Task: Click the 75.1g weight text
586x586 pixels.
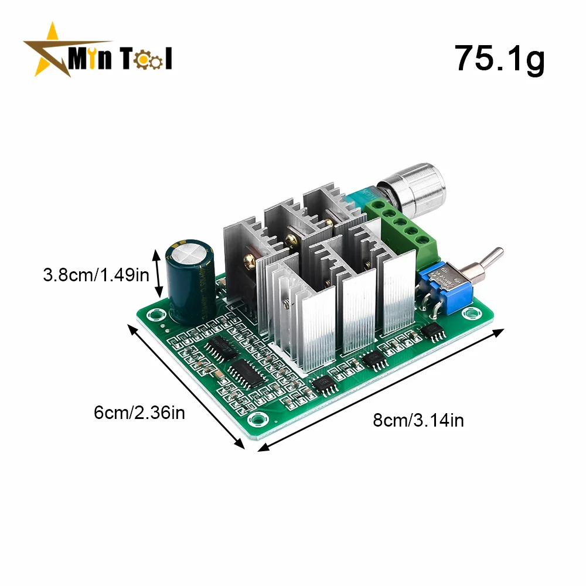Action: pyautogui.click(x=500, y=59)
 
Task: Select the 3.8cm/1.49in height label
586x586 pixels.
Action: pyautogui.click(x=96, y=275)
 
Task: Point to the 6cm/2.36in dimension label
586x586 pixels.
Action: pyautogui.click(x=139, y=413)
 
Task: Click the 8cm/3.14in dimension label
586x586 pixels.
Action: pyautogui.click(x=418, y=420)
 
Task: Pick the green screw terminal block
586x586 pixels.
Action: pyautogui.click(x=402, y=228)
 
